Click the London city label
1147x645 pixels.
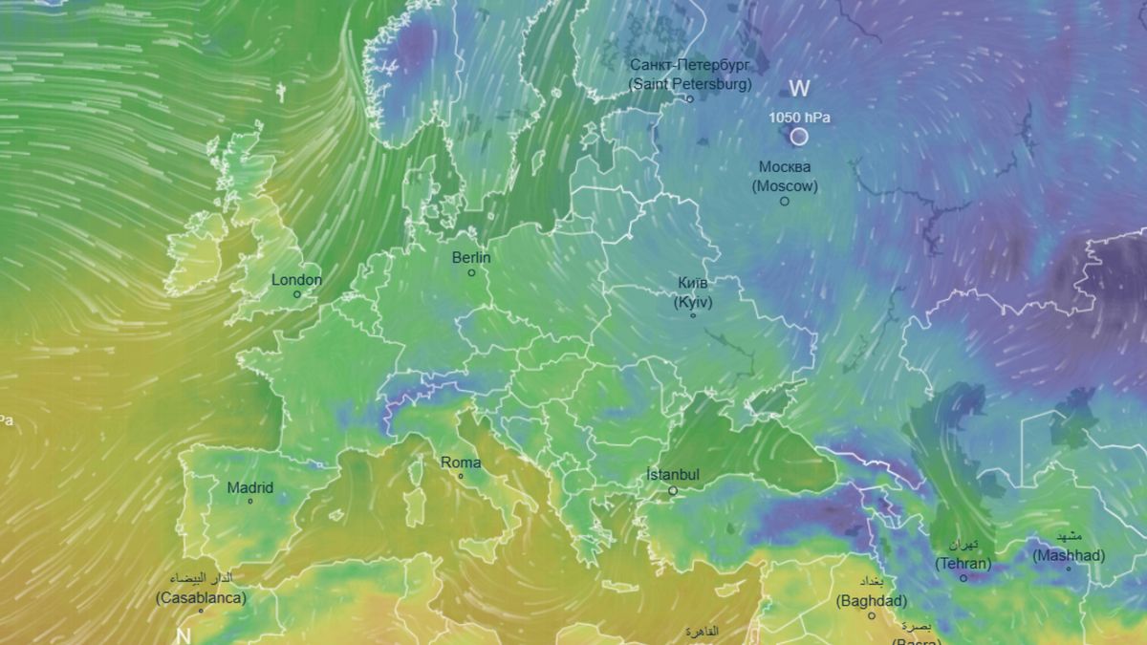click(296, 280)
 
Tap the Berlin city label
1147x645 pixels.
click(471, 258)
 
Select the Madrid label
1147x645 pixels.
click(249, 488)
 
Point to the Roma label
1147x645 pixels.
click(461, 463)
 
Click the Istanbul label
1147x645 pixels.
click(673, 475)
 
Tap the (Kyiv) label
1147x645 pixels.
click(693, 302)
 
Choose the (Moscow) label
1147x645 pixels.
click(785, 186)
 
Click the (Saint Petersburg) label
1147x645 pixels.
click(690, 84)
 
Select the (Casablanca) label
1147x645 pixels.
click(201, 598)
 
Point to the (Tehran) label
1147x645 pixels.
click(963, 564)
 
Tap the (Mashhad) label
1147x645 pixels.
click(1069, 555)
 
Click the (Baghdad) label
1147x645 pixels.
click(872, 602)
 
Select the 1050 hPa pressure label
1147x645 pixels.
click(800, 118)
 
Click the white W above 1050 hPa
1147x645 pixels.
click(799, 89)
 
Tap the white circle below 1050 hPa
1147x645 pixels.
click(799, 137)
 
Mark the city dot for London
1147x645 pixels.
click(296, 294)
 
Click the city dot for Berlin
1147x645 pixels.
click(471, 272)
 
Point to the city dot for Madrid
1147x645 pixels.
click(249, 502)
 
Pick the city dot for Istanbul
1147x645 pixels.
click(672, 490)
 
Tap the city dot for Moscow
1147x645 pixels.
click(785, 201)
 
